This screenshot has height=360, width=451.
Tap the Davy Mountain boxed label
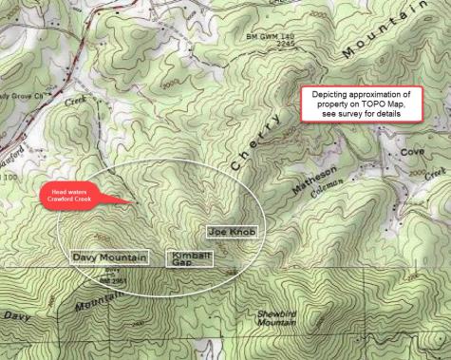pyautogui.click(x=109, y=257)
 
